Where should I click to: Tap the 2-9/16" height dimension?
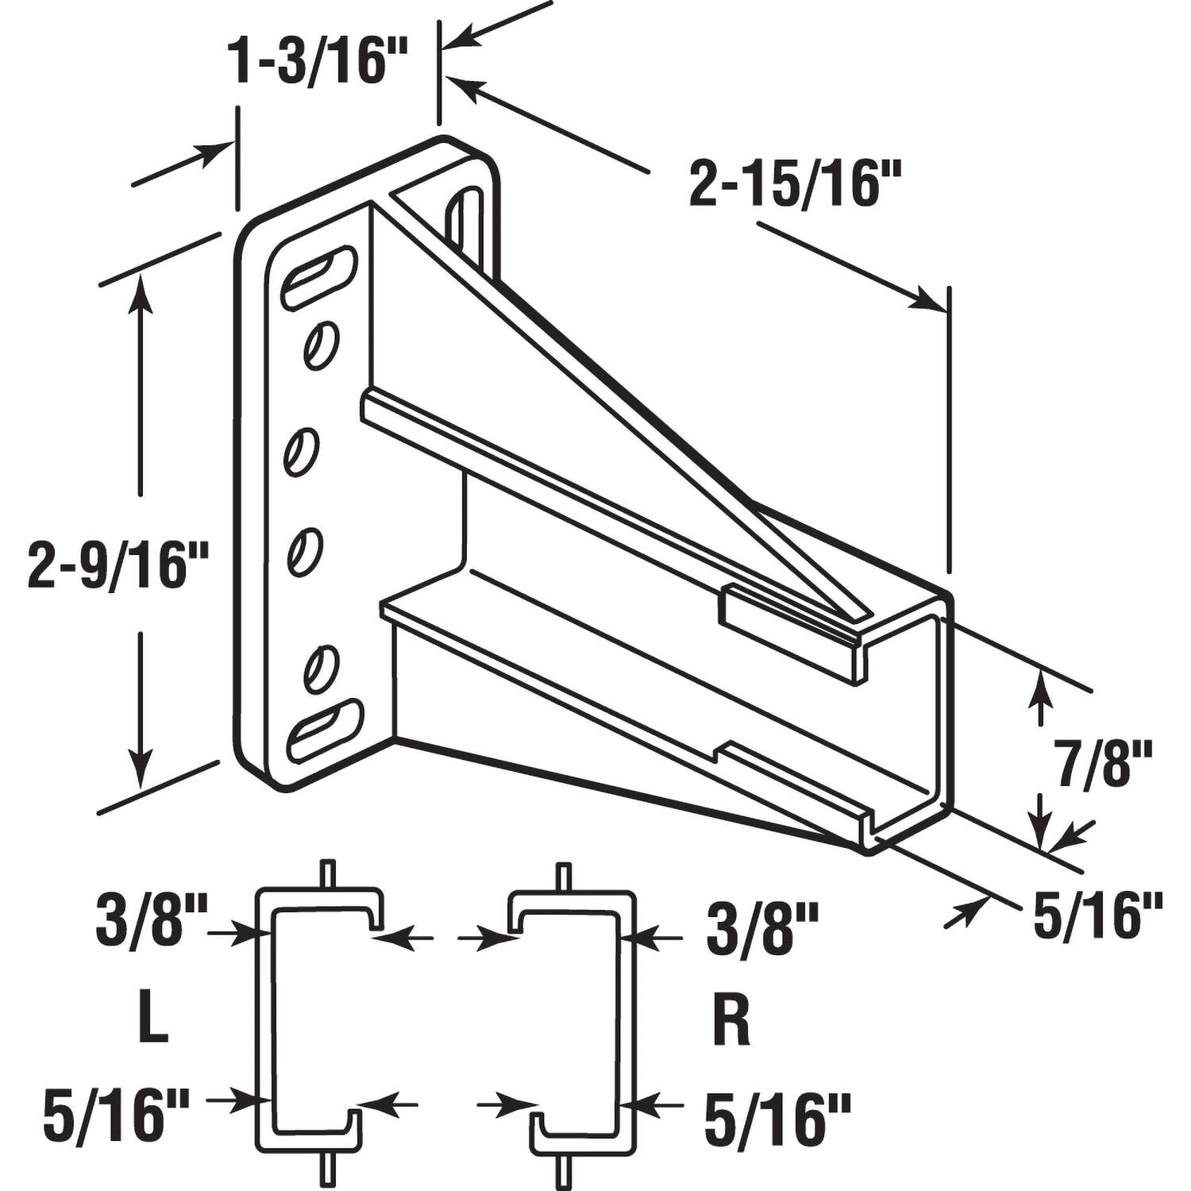pos(117,564)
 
